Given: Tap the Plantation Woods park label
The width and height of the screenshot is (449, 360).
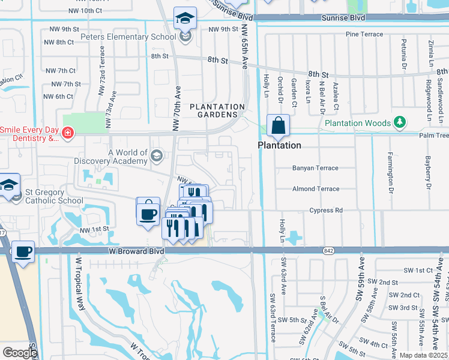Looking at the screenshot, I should tap(357, 123).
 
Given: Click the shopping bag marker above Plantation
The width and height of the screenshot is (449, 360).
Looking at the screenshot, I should tap(279, 126).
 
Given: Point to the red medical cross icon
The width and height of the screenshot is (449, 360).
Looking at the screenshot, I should tap(68, 133).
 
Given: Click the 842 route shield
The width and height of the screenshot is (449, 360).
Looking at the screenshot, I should tap(327, 250).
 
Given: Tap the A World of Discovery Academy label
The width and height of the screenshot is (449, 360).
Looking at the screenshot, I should tap(111, 157).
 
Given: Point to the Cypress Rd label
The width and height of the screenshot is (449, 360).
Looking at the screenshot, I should tap(326, 211).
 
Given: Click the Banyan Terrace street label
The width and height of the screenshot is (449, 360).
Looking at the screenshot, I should tap(315, 168).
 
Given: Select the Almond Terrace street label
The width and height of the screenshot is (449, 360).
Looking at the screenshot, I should tap(316, 189).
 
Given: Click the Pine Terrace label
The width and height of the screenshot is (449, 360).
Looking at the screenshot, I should tap(364, 34).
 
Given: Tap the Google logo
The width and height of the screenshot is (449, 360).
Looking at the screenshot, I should tap(20, 352).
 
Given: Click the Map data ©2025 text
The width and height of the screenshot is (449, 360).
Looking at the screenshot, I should tap(423, 355).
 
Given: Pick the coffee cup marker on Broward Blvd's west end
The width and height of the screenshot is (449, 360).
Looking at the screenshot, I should tap(23, 252).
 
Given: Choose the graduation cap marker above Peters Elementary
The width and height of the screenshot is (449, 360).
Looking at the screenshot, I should tap(185, 20).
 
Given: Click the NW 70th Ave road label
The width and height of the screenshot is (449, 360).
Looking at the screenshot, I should tap(176, 109).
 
